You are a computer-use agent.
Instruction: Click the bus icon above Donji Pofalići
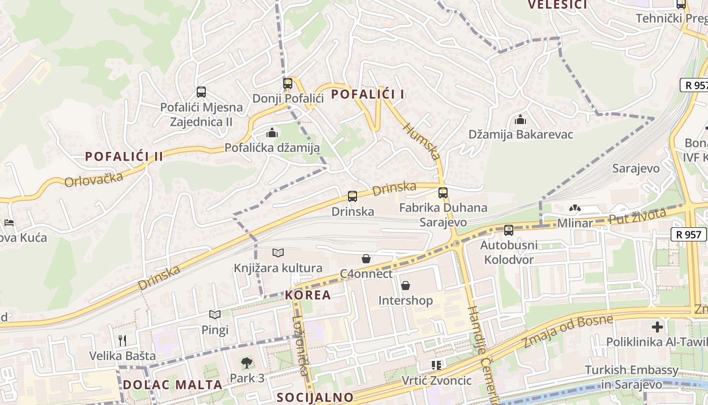click(x=288, y=84)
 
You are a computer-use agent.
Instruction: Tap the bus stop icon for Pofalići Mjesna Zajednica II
click(x=201, y=92)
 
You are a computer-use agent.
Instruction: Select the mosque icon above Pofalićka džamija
click(x=272, y=133)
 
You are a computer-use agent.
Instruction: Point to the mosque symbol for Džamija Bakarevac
click(x=520, y=120)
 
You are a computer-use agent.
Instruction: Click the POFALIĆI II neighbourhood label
click(x=124, y=156)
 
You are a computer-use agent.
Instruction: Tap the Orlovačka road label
click(x=94, y=179)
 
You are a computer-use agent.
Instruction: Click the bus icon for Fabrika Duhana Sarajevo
click(x=443, y=192)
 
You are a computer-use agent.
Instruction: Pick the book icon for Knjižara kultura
click(x=278, y=253)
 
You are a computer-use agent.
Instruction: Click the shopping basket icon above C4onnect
click(x=366, y=259)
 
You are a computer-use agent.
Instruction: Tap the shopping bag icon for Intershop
click(x=406, y=286)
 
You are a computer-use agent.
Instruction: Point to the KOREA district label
click(x=308, y=295)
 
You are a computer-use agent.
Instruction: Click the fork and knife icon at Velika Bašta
click(x=122, y=340)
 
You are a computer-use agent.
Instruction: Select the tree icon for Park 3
click(x=247, y=362)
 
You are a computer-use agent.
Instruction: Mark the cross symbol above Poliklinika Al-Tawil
click(x=657, y=327)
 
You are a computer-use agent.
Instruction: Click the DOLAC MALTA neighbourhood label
click(x=172, y=385)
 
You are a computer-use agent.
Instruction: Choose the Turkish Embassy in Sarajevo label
click(x=631, y=377)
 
